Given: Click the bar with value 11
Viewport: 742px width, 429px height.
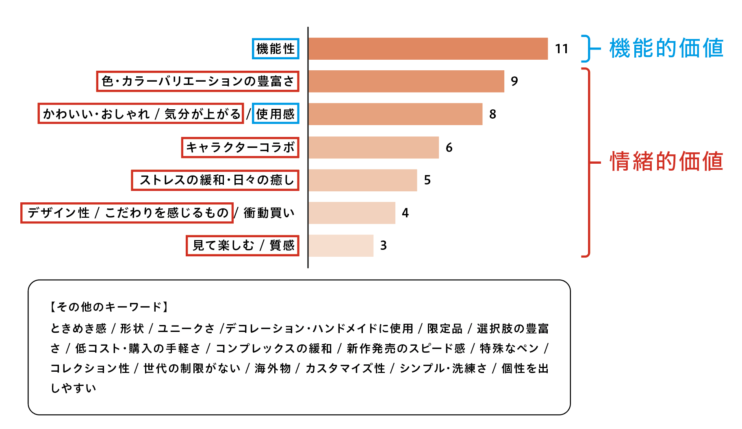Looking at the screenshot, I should (427, 49).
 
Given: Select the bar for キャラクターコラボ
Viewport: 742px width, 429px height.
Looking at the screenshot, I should (373, 147).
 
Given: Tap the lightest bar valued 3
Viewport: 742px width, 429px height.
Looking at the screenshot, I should (341, 245).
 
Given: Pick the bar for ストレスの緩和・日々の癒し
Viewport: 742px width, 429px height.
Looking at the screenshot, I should (362, 180).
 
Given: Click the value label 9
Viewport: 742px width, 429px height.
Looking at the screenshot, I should (514, 81).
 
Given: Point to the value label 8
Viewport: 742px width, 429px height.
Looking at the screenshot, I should (492, 114).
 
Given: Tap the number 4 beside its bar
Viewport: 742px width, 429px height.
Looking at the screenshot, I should (405, 213).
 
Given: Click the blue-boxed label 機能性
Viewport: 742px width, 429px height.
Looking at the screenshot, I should (276, 49).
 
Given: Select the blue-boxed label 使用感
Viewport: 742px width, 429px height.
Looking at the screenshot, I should (276, 114).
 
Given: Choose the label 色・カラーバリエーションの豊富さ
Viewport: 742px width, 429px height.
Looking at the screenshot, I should (197, 81).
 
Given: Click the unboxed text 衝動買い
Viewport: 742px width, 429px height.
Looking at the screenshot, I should (269, 213).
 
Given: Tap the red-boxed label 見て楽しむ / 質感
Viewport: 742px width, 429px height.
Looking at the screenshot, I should (243, 245).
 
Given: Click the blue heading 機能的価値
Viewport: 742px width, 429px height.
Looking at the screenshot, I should (666, 48).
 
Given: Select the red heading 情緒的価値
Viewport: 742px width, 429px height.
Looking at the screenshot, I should (666, 161).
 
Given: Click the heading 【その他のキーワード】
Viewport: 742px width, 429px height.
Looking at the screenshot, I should (108, 307).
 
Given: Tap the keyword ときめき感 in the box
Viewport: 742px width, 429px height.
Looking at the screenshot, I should (78, 328).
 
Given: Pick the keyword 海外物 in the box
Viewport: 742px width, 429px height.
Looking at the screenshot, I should (273, 368).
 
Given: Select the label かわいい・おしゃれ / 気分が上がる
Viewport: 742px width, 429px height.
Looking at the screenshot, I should (141, 114).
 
